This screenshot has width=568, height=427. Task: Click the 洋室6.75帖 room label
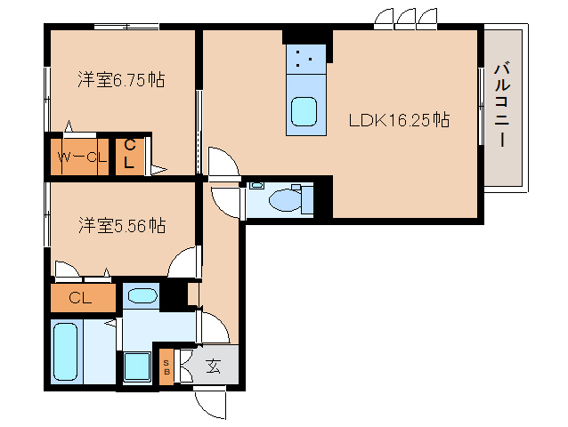tap(121, 79)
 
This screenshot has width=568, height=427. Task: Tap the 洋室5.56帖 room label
tap(122, 225)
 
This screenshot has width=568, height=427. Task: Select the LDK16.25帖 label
tap(399, 120)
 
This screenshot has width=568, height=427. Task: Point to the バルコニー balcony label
tap(502, 105)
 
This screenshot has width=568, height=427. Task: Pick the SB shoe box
tap(166, 367)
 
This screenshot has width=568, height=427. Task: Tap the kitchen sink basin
tap(304, 112)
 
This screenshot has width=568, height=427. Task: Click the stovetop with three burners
tap(305, 60)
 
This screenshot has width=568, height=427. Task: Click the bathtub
tap(66, 351)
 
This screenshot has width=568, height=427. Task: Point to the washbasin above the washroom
tap(142, 296)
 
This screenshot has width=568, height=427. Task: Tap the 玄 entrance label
tap(214, 367)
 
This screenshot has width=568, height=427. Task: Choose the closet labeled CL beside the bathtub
tap(83, 298)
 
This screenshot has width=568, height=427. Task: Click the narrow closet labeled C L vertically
tap(129, 157)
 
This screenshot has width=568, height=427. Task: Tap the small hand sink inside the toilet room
tap(256, 186)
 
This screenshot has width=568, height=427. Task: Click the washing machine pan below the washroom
tap(137, 367)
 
